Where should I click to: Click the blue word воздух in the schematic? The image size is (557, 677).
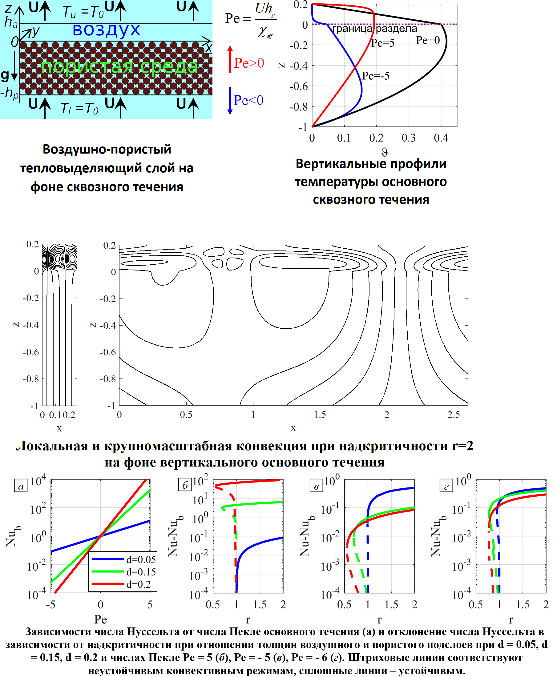coord(106,30)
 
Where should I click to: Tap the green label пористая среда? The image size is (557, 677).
coord(119,66)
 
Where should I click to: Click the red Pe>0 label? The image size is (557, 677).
coord(249,63)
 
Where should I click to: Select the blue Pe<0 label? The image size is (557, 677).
coord(248,100)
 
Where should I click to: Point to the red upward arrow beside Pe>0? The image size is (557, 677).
coord(230,59)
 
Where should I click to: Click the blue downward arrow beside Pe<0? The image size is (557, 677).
coord(230,101)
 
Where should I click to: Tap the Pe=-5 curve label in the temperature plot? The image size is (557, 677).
coord(376,76)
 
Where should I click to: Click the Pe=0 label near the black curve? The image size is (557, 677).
coord(428,40)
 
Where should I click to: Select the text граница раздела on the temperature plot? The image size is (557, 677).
coord(375,29)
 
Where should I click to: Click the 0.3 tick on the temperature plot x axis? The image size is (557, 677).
coord(409,138)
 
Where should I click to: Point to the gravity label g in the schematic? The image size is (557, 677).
coord(5,75)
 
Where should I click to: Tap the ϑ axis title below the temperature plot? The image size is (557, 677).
coord(384,151)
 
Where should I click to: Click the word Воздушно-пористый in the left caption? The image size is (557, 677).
coord(107,150)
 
